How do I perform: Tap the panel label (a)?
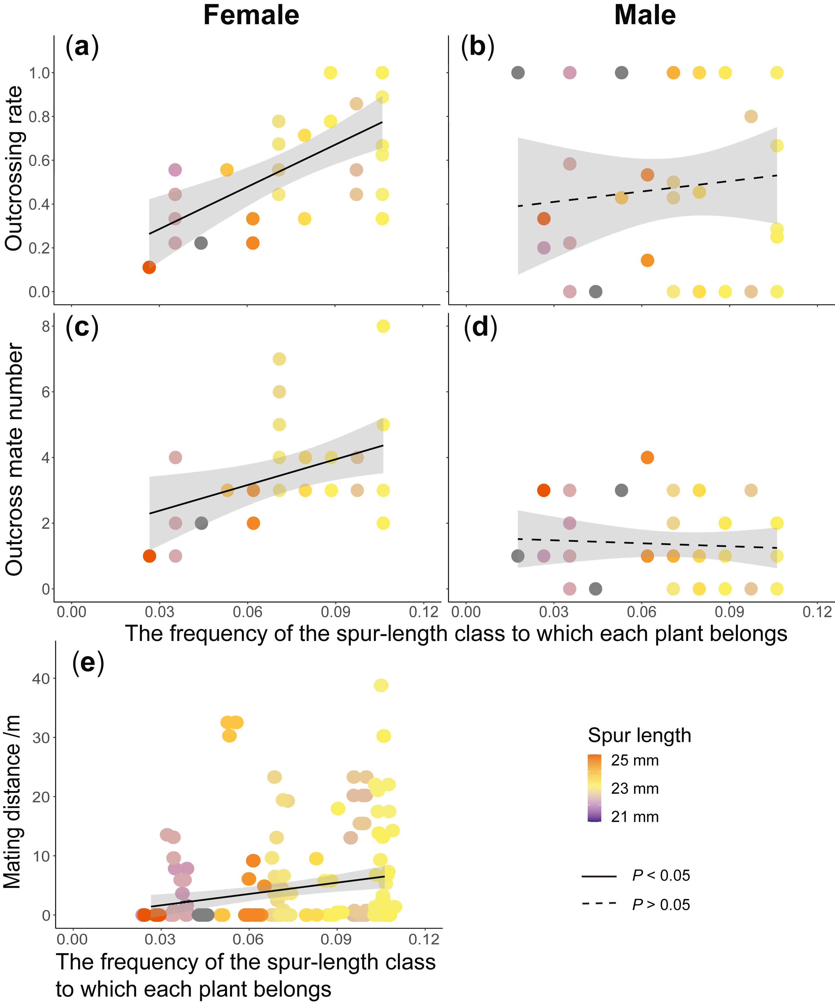tap(82, 47)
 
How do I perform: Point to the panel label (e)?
tap(88, 663)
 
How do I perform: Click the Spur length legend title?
tap(639, 735)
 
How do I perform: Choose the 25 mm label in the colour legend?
tap(635, 761)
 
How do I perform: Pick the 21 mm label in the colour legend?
tap(635, 816)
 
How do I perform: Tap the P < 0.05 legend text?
tap(661, 875)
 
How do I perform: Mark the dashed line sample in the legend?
tap(599, 904)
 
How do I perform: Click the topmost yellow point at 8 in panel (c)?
tap(383, 326)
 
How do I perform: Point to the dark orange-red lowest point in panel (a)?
tap(149, 267)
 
